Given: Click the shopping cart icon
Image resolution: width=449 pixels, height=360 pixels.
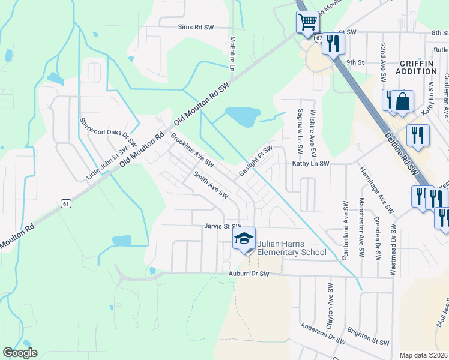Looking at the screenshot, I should (x=307, y=23).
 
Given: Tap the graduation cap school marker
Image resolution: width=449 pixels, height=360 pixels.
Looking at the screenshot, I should (x=244, y=239).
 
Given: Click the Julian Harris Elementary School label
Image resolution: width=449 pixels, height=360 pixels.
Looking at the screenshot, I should (x=292, y=248).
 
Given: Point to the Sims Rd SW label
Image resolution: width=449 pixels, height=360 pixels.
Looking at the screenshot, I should (x=196, y=28).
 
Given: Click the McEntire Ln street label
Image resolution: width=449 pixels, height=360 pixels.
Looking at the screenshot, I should (x=232, y=53).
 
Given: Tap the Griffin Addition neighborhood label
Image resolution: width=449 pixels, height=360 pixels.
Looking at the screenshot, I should (x=416, y=67).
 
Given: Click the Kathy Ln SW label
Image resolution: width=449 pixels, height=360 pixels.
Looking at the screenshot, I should (x=311, y=163).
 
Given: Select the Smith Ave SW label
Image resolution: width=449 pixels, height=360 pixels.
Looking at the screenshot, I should (x=211, y=185).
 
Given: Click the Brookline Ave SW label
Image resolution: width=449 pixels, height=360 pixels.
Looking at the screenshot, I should (x=192, y=150).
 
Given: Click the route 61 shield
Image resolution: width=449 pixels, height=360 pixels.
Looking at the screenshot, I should (x=66, y=204).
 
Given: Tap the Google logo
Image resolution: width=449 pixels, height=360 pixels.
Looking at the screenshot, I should (x=20, y=353).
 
